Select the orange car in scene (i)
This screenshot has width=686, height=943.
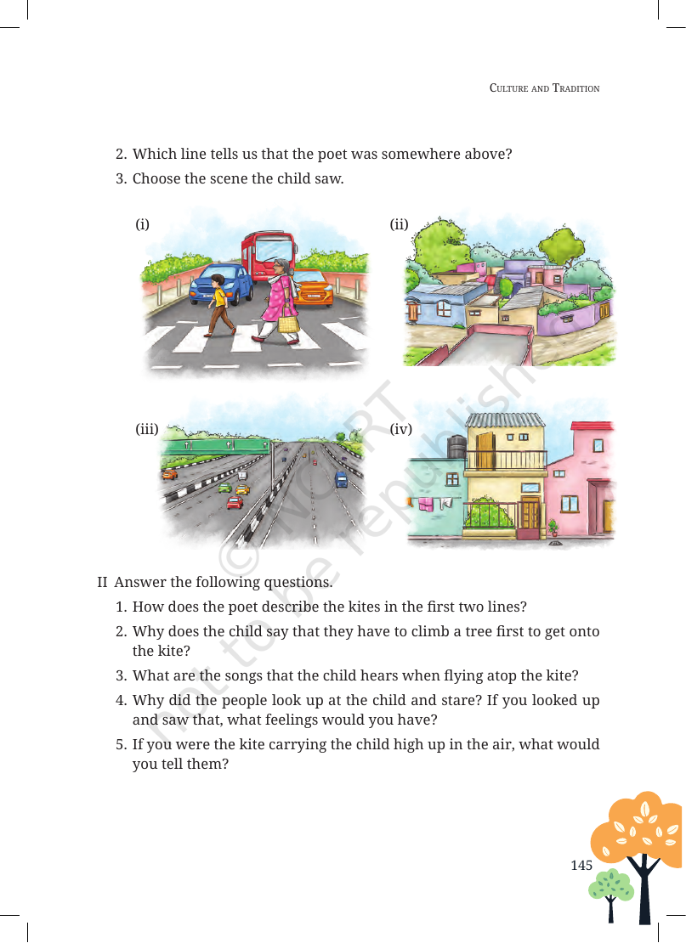[x=312, y=287]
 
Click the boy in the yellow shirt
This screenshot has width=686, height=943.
[x=219, y=305]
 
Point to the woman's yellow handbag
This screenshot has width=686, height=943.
[x=288, y=324]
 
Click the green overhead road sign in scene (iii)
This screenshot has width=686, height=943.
[x=217, y=446]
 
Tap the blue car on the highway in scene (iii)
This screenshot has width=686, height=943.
[x=341, y=479]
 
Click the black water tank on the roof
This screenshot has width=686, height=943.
[x=456, y=447]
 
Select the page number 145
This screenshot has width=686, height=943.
[x=581, y=865]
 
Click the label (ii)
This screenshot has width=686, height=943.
[x=399, y=224]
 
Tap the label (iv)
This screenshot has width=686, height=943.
[x=400, y=429]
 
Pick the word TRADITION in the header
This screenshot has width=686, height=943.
[x=575, y=88]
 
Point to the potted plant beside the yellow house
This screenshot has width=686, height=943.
[x=553, y=528]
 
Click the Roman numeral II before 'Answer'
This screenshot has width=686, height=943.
[x=102, y=582]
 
